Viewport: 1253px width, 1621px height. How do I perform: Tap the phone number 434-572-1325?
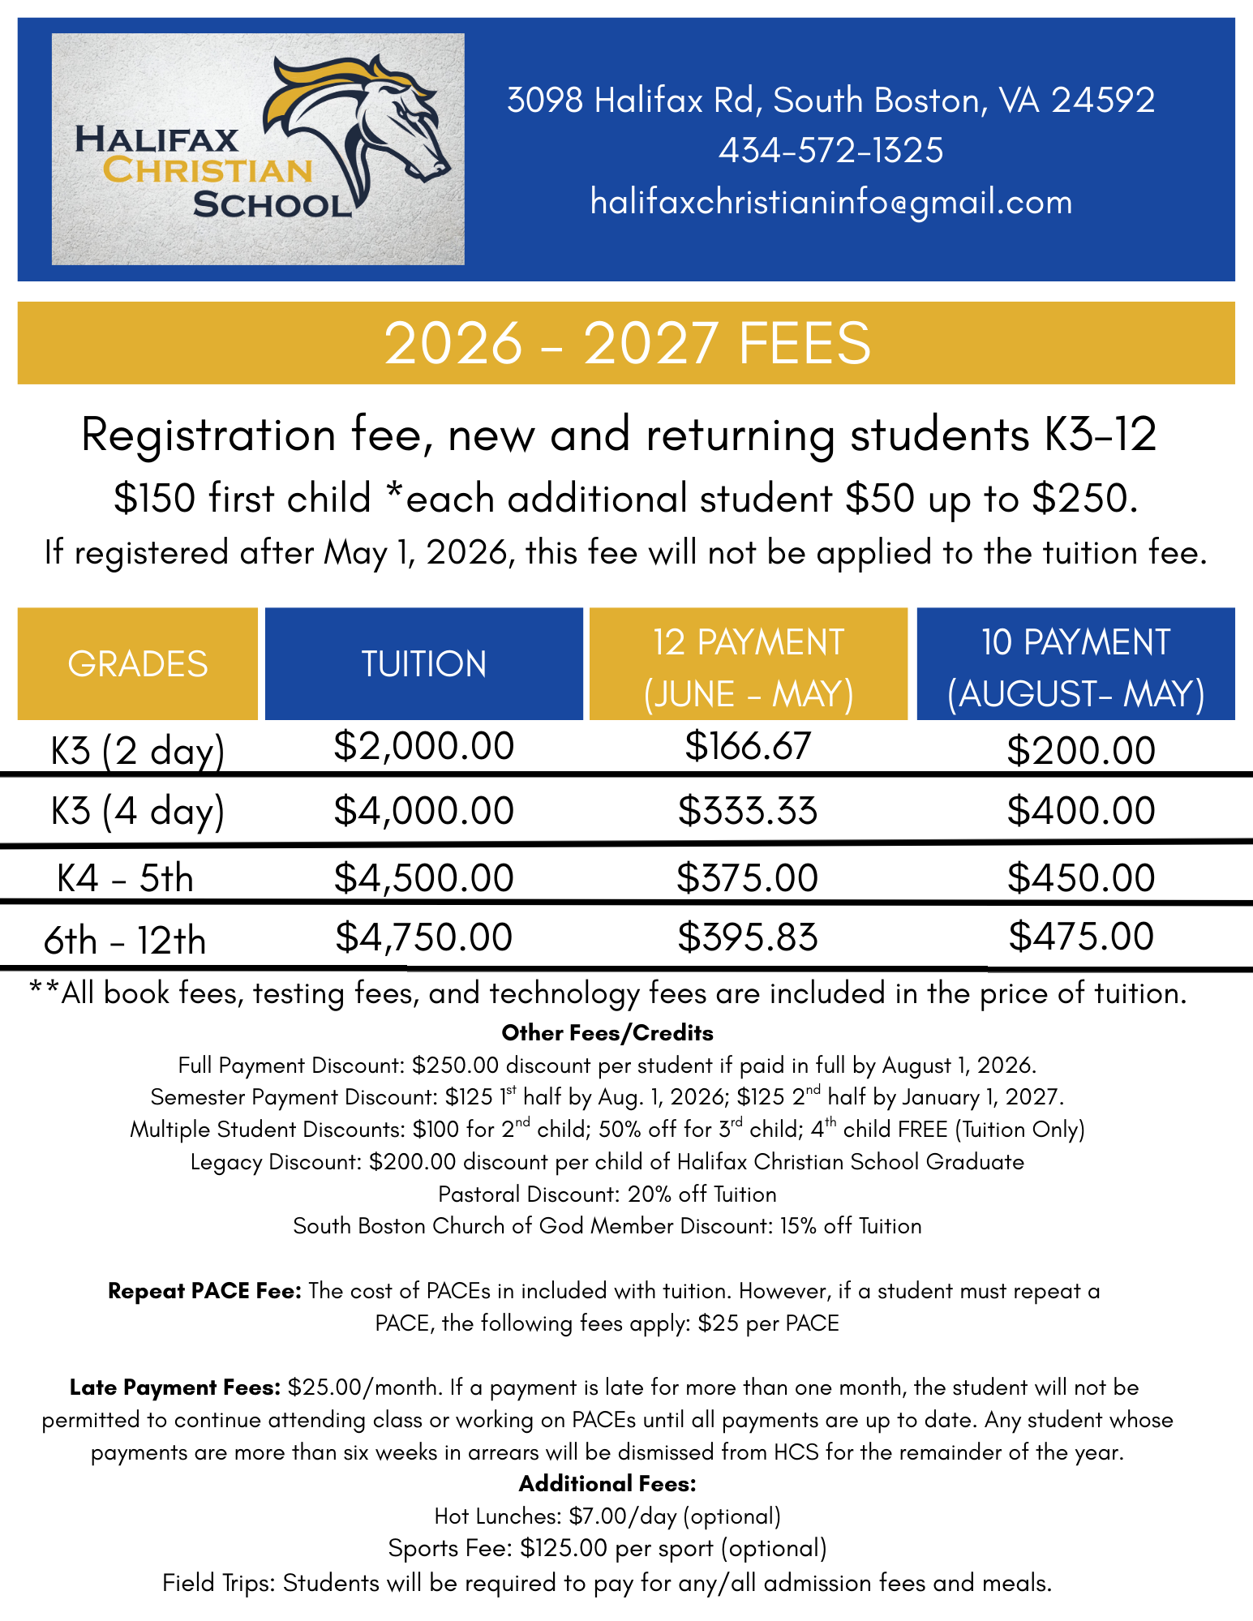(x=830, y=151)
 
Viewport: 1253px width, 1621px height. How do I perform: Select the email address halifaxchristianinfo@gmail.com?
(x=830, y=202)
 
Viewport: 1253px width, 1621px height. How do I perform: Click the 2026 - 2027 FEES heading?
(x=626, y=343)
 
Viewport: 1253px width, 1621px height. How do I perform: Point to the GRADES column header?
(x=138, y=664)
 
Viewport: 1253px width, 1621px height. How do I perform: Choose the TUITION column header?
(x=423, y=664)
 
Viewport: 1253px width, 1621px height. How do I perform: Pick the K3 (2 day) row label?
(x=137, y=751)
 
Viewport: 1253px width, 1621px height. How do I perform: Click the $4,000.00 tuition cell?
(x=423, y=811)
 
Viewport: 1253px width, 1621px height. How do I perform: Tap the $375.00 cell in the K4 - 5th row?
(x=747, y=878)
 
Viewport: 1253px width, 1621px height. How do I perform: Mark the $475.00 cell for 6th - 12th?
(x=1081, y=937)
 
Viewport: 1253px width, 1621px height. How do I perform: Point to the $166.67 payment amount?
(x=747, y=746)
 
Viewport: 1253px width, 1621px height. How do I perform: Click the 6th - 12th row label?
(x=125, y=941)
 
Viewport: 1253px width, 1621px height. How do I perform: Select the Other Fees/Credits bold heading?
(x=607, y=1033)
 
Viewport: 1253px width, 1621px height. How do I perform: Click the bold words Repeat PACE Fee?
(x=204, y=1291)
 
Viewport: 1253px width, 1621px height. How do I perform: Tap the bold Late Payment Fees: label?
(x=174, y=1387)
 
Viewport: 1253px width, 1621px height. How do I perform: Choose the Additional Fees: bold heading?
(x=607, y=1484)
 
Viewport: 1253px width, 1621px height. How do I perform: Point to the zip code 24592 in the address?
(x=1103, y=101)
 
